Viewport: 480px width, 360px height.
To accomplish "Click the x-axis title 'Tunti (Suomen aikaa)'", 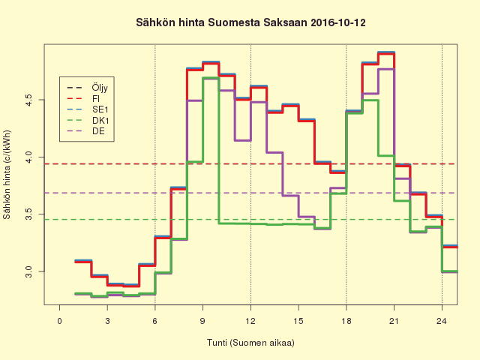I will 250,343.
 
